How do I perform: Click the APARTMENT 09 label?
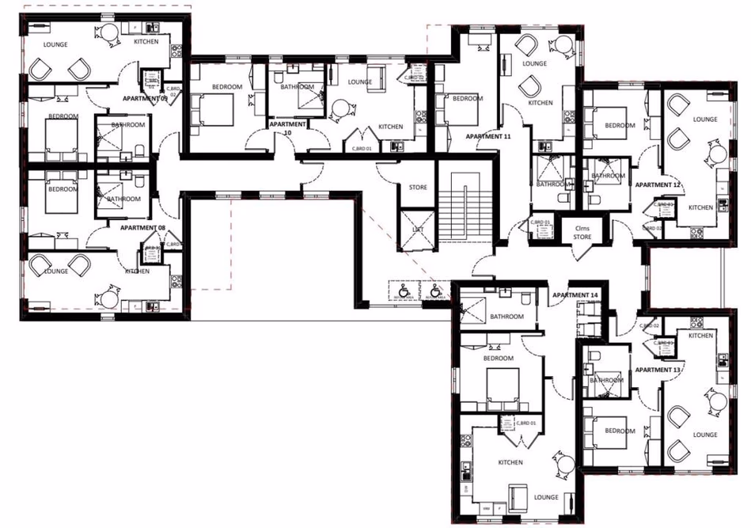pyautogui.click(x=144, y=98)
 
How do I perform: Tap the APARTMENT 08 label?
pyautogui.click(x=142, y=228)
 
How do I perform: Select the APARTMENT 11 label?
pyautogui.click(x=488, y=137)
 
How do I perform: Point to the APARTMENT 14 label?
pyautogui.click(x=575, y=295)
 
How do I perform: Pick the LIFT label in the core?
pyautogui.click(x=417, y=229)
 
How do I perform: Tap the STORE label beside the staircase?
pyautogui.click(x=417, y=188)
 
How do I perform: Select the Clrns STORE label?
pyautogui.click(x=582, y=232)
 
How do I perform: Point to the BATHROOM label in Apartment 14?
pyautogui.click(x=506, y=317)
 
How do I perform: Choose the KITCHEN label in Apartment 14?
pyautogui.click(x=510, y=462)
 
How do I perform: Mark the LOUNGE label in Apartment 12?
pyautogui.click(x=704, y=120)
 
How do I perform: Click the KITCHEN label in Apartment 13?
pyautogui.click(x=700, y=336)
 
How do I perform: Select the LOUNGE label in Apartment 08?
pyautogui.click(x=55, y=271)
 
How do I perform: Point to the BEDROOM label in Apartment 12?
pyautogui.click(x=620, y=125)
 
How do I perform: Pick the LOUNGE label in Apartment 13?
pyautogui.click(x=705, y=435)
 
